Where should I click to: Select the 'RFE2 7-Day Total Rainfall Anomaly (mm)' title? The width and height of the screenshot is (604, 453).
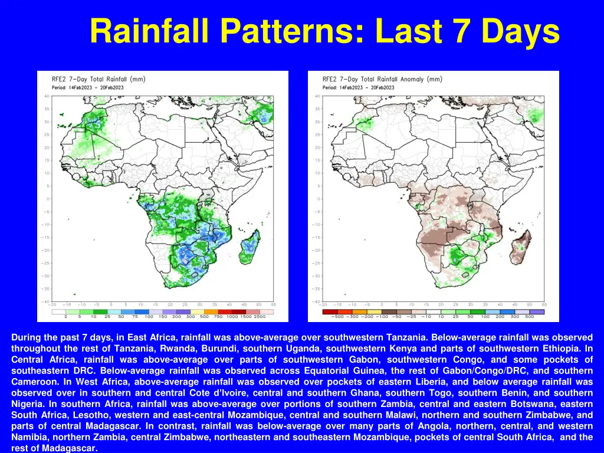[x=382, y=79]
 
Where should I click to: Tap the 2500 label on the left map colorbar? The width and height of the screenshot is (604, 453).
[x=260, y=317]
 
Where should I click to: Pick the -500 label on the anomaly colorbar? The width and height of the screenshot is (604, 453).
[x=337, y=317]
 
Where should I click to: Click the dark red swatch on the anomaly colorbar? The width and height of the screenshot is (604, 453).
[x=330, y=311]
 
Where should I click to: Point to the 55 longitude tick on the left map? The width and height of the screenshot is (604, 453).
[x=273, y=305]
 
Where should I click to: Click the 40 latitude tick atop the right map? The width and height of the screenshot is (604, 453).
[x=317, y=96]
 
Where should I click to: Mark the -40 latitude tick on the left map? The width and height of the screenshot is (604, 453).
[x=46, y=301]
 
